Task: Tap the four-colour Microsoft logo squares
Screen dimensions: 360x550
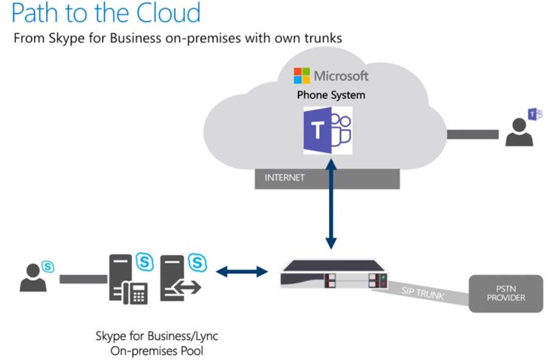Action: pos(302,76)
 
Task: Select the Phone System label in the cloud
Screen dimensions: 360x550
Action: pos(331,95)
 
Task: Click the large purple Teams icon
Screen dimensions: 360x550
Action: pos(328,131)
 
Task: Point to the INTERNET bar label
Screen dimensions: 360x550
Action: pos(284,178)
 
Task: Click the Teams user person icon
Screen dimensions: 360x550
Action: pos(519,132)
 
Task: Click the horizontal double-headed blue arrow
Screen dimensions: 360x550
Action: pos(242,272)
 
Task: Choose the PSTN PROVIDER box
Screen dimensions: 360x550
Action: pos(505,293)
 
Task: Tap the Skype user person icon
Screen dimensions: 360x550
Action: pos(33,278)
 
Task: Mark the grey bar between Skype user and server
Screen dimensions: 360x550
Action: pos(84,279)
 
